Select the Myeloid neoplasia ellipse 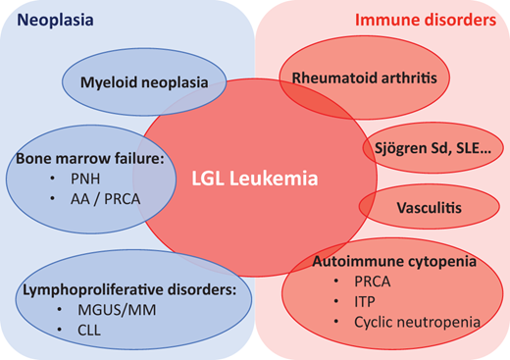point(143,81)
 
